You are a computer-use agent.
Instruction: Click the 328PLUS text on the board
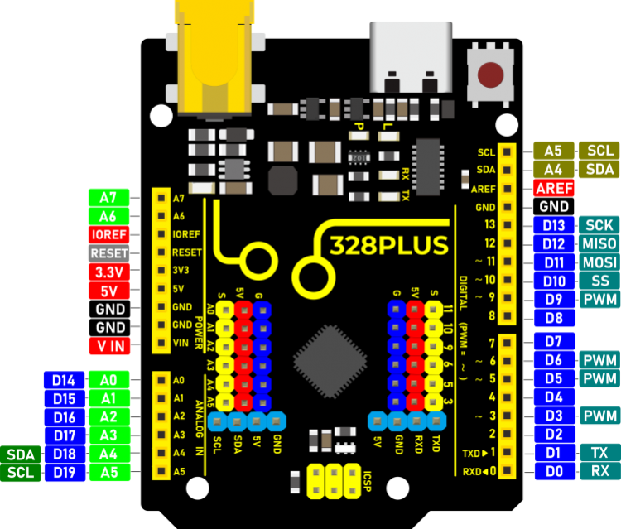click(x=388, y=246)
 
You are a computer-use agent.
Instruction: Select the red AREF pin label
click(x=553, y=188)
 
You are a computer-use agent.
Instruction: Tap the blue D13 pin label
click(x=553, y=225)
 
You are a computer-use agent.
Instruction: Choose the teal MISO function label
click(x=599, y=244)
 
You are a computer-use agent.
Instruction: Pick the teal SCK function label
click(x=599, y=225)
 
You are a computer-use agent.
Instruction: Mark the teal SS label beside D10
click(x=599, y=281)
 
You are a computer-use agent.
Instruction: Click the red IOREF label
click(x=108, y=234)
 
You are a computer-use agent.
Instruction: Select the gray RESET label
click(x=108, y=253)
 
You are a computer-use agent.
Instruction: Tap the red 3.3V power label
click(x=108, y=272)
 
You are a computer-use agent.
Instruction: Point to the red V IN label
click(x=108, y=345)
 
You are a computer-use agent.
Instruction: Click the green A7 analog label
click(x=108, y=198)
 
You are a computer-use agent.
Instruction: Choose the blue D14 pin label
click(x=64, y=381)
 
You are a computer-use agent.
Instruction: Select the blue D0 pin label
click(x=553, y=472)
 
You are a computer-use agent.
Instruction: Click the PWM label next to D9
click(x=599, y=300)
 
